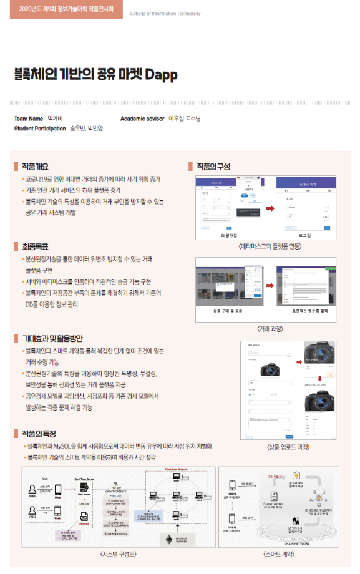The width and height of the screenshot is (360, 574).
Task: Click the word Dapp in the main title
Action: click(x=161, y=75)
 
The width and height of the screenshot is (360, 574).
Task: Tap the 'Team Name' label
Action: click(x=29, y=119)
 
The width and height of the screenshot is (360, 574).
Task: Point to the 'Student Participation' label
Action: click(x=40, y=129)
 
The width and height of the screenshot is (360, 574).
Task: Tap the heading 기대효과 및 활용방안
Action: click(x=53, y=338)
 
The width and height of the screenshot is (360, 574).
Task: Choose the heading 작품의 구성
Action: click(x=213, y=167)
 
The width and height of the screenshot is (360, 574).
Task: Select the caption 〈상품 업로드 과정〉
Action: click(x=279, y=447)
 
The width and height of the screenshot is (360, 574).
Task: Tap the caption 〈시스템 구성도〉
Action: click(x=117, y=553)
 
